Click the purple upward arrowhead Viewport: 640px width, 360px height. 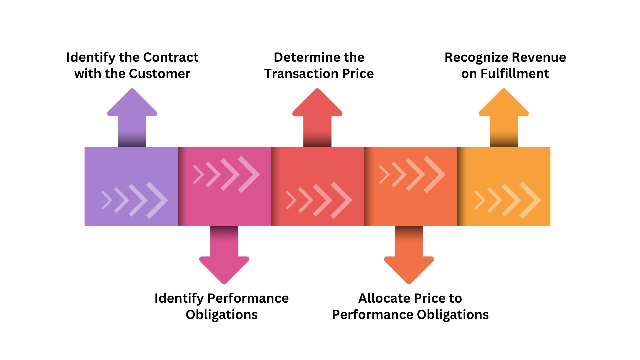click(x=132, y=103)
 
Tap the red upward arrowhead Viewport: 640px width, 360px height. click(x=317, y=103)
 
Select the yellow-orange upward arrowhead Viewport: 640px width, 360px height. click(x=504, y=103)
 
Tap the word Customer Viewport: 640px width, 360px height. click(x=160, y=74)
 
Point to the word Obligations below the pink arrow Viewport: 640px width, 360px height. click(x=222, y=315)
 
